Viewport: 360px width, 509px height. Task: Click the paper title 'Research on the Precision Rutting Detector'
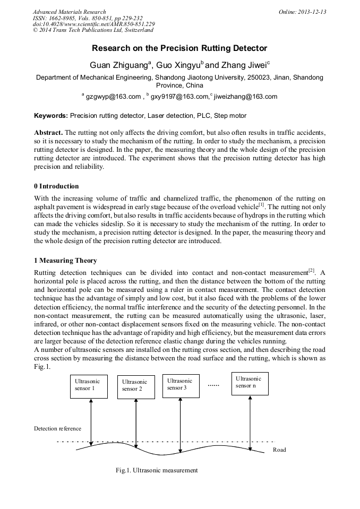coord(179,48)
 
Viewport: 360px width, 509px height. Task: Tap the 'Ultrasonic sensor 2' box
coord(136,387)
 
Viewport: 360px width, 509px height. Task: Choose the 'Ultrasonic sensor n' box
coord(250,383)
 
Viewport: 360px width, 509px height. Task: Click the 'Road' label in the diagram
coord(279,450)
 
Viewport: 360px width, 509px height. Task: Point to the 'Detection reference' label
coord(58,428)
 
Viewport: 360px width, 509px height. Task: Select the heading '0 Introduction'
coord(56,186)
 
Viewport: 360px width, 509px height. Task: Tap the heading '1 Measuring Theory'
coord(65,261)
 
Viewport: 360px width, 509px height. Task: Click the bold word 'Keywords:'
coord(51,115)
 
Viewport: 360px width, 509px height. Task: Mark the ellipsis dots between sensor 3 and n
coord(213,384)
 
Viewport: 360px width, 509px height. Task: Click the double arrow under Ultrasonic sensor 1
coord(91,422)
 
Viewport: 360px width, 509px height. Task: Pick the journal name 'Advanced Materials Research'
coord(70,12)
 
